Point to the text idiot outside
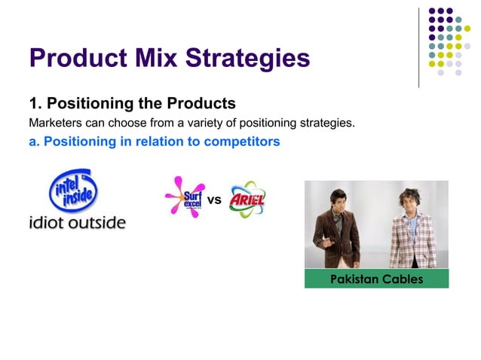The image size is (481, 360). tap(77, 223)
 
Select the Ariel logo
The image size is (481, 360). tap(247, 200)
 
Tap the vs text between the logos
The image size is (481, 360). tap(214, 200)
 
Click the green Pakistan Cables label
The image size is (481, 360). tap(376, 279)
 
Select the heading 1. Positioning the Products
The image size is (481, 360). tap(132, 103)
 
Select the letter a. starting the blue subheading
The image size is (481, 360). tap(34, 141)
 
